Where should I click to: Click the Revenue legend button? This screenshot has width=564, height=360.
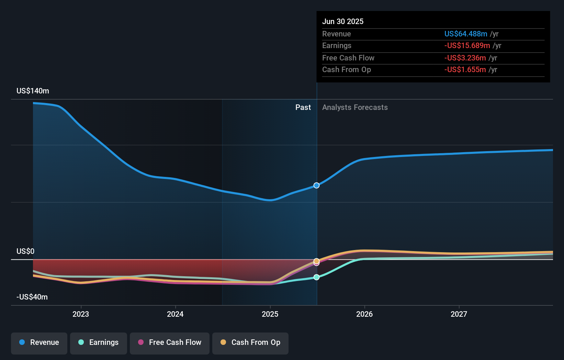pyautogui.click(x=39, y=342)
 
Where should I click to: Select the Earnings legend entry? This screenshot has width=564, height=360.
pyautogui.click(x=99, y=342)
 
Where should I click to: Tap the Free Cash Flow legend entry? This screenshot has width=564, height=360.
pyautogui.click(x=170, y=342)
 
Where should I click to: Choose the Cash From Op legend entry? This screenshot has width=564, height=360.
pyautogui.click(x=250, y=342)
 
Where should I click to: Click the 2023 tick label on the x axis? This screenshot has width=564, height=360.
pyautogui.click(x=81, y=314)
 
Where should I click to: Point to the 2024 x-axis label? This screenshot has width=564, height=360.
pyautogui.click(x=175, y=314)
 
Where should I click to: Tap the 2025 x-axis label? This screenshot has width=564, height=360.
pyautogui.click(x=270, y=314)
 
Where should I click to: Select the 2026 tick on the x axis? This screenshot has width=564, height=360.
pyautogui.click(x=364, y=314)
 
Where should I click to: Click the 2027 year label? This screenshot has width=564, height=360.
pyautogui.click(x=459, y=314)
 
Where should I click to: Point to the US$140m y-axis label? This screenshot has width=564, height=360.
pyautogui.click(x=33, y=91)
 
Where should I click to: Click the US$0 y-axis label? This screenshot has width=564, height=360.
pyautogui.click(x=25, y=251)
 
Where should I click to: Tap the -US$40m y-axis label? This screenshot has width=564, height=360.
pyautogui.click(x=32, y=297)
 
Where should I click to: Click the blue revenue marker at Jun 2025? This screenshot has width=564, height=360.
pyautogui.click(x=317, y=185)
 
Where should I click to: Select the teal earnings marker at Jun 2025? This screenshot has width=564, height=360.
pyautogui.click(x=317, y=277)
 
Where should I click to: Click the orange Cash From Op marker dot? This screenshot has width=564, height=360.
pyautogui.click(x=317, y=261)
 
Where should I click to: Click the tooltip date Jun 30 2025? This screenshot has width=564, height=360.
pyautogui.click(x=342, y=21)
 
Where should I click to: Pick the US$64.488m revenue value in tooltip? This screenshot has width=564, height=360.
pyautogui.click(x=465, y=34)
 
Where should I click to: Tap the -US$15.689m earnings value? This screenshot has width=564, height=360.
pyautogui.click(x=467, y=46)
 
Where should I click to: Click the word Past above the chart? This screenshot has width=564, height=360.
pyautogui.click(x=303, y=108)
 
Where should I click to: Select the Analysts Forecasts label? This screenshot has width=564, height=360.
pyautogui.click(x=355, y=108)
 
